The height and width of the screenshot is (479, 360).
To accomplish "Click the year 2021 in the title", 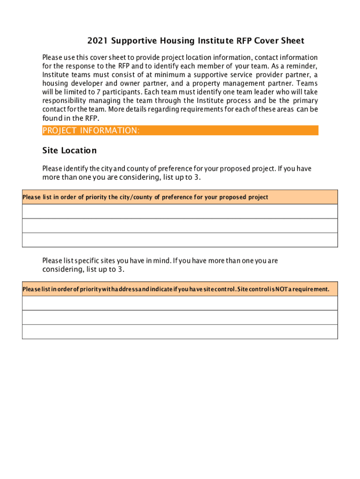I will (x=85, y=41).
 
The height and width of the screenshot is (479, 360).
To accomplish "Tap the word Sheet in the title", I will (x=292, y=41).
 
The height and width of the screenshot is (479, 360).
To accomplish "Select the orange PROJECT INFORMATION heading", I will (x=91, y=131).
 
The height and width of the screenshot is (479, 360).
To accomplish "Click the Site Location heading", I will (x=69, y=151).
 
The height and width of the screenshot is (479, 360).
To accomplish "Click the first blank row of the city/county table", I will (x=180, y=211).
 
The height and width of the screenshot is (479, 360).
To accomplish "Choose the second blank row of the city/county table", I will (x=180, y=225).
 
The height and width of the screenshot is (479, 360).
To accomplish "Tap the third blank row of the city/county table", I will (x=180, y=240).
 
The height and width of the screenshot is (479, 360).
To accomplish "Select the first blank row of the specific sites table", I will (x=180, y=303).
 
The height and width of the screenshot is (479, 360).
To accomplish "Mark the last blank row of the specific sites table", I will (x=180, y=332).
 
